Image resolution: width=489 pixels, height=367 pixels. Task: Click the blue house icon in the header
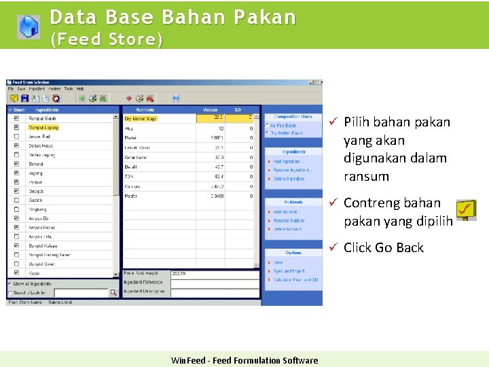coord(28,25)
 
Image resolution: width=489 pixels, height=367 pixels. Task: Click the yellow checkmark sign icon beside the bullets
coord(465,210)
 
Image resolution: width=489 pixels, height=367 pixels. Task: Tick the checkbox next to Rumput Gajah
coord(16,118)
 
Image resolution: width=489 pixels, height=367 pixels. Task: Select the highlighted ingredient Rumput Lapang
coord(43,127)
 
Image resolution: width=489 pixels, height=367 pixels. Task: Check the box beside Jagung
coord(16,173)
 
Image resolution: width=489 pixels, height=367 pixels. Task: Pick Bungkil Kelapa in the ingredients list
coord(43,246)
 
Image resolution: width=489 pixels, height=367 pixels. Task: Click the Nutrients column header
coord(145,109)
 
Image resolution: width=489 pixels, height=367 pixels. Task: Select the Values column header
coord(211,109)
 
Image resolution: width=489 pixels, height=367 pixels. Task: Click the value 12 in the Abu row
coord(221,128)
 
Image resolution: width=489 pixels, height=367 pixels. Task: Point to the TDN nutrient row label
coord(129,175)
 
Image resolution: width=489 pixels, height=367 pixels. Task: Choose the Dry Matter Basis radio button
coord(267,133)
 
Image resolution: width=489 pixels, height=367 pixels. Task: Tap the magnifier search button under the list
coord(113,293)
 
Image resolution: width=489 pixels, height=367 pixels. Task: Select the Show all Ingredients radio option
coord(10,283)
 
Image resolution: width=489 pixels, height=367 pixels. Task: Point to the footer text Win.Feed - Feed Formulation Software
coord(244,360)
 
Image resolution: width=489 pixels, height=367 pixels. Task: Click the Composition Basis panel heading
coord(293,117)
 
